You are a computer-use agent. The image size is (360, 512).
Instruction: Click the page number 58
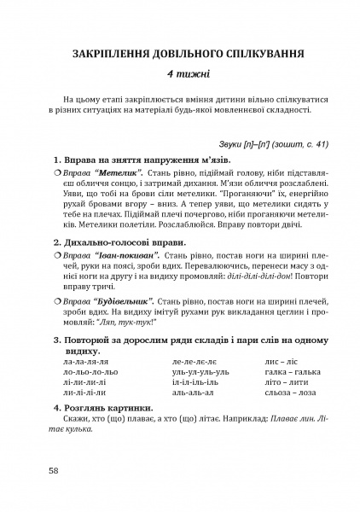pos(54,470)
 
